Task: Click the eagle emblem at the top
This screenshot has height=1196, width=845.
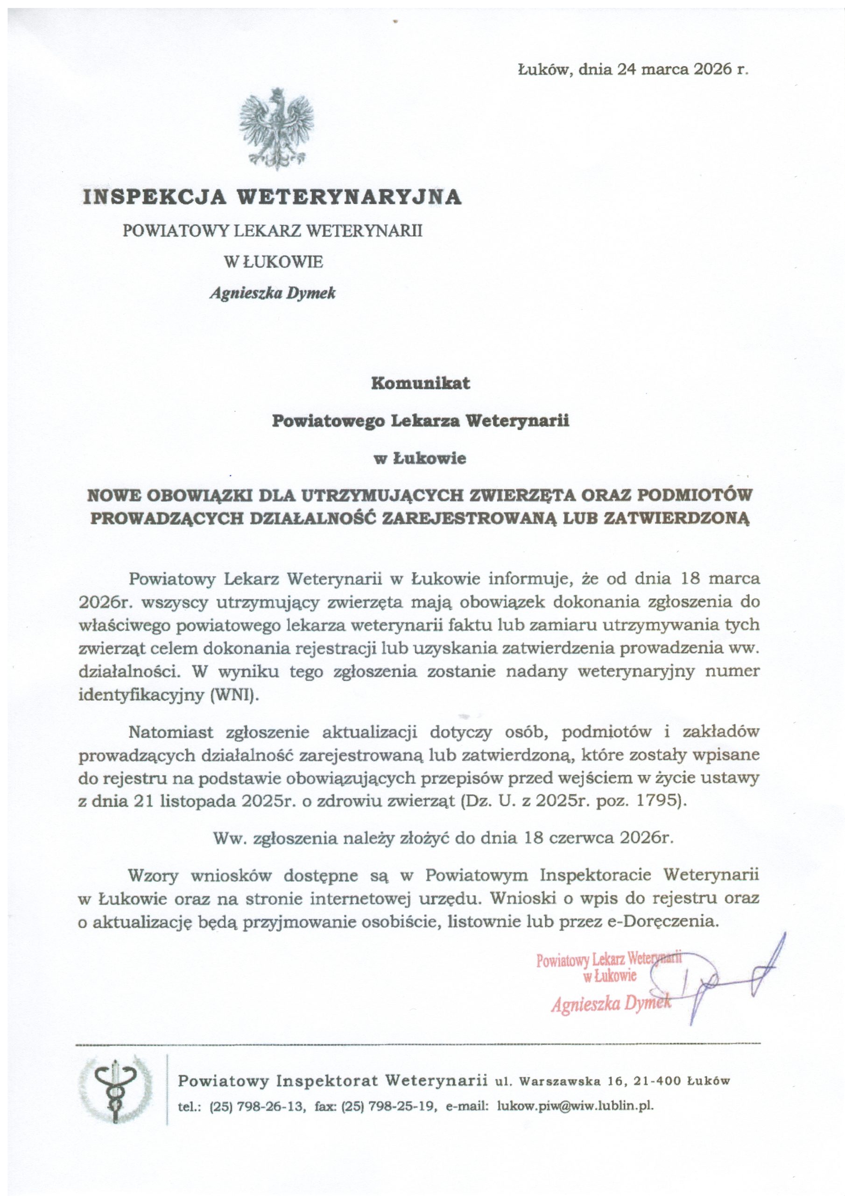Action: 276,129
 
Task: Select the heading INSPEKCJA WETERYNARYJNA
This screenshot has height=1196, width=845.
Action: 272,197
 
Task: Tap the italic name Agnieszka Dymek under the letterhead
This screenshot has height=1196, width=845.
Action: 272,293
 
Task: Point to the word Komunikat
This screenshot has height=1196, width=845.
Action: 420,383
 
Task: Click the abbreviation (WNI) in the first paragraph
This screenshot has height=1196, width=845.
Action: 235,695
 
